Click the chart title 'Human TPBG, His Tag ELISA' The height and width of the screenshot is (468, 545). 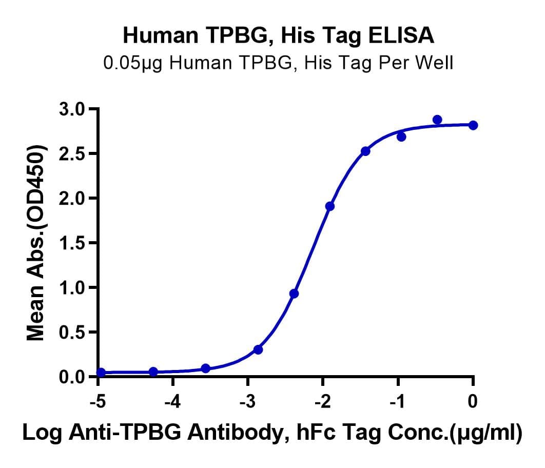pos(279,35)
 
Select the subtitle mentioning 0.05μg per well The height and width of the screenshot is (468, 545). pos(278,64)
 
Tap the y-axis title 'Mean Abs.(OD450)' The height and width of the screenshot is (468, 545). pos(35,243)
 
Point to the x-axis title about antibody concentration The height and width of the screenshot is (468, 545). pos(272,433)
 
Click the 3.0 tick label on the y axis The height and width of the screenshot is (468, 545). pos(72,109)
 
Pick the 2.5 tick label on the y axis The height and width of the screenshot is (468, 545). pos(72,153)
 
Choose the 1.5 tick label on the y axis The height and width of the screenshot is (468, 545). pos(72,243)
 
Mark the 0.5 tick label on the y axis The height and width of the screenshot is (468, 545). pos(72,333)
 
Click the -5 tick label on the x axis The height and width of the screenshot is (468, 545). pos(98,402)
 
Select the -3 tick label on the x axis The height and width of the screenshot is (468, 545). pos(247,402)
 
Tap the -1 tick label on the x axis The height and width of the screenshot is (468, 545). pos(397,402)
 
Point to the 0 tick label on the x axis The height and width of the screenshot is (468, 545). pos(472,402)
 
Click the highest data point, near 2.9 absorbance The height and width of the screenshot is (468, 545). pos(437,120)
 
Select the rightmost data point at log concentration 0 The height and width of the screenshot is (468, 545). pos(473,125)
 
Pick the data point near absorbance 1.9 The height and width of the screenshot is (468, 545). pos(330,206)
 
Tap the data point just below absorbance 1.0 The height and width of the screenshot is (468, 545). pos(294,294)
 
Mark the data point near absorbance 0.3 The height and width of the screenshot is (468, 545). pos(258,349)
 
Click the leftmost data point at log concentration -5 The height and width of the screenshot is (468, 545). pos(101,373)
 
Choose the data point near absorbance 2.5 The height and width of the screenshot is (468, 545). pos(365,151)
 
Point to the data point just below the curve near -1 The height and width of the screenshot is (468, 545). pos(401,137)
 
